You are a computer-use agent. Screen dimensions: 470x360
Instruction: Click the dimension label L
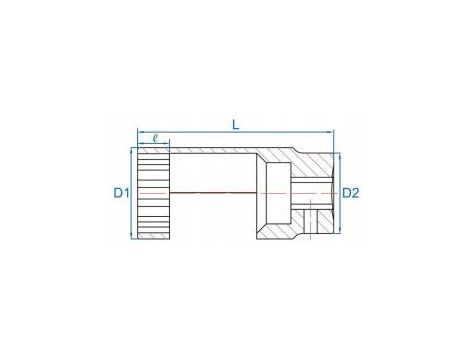pyautogui.click(x=236, y=125)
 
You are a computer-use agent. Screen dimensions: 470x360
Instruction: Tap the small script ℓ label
pyautogui.click(x=155, y=138)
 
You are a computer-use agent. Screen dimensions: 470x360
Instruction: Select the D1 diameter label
pyautogui.click(x=121, y=193)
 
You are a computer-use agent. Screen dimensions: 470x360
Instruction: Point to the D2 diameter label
pyautogui.click(x=351, y=193)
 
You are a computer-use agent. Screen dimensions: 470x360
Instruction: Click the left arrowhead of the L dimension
pyautogui.click(x=140, y=132)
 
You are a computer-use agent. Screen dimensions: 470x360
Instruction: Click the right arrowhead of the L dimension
pyautogui.click(x=330, y=132)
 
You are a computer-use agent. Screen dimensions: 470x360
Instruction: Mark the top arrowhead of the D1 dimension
pyautogui.click(x=131, y=151)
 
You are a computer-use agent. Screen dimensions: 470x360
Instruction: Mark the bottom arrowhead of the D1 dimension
pyautogui.click(x=131, y=236)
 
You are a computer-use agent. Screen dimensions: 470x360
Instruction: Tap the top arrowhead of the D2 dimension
pyautogui.click(x=340, y=156)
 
